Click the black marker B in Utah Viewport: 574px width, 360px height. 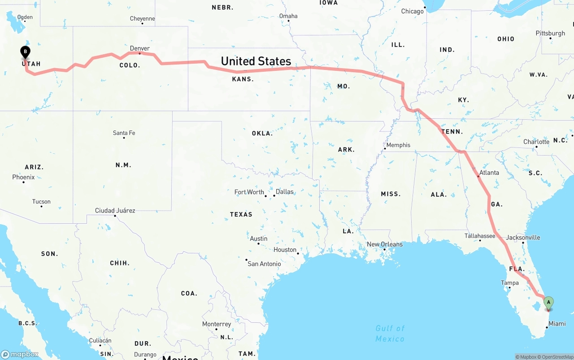tap(26, 52)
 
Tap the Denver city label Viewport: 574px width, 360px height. tap(140, 48)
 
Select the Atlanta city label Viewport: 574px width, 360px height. tap(489, 173)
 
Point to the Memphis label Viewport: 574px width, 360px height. tap(398, 145)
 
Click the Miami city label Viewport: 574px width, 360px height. tap(557, 324)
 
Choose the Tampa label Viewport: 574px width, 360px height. tap(510, 283)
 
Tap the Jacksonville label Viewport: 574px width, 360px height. tap(523, 238)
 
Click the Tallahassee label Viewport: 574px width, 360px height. tap(480, 236)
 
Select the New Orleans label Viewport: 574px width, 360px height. tap(385, 244)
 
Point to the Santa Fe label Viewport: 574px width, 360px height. tap(124, 133)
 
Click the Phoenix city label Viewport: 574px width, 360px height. tap(23, 177)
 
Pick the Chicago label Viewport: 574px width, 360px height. tap(412, 11)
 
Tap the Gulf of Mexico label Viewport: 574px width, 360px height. tap(390, 334)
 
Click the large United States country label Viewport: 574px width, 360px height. tap(256, 61)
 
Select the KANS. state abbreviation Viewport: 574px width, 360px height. tap(243, 79)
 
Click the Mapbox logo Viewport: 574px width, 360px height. tap(20, 354)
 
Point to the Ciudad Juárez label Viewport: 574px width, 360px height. tap(115, 211)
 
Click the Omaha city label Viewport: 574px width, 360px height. tap(288, 16)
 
